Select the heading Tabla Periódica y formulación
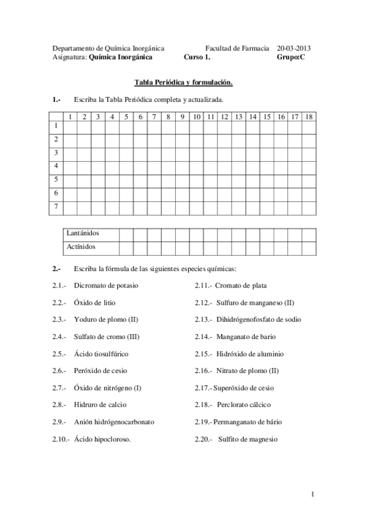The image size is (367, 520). pos(184,82)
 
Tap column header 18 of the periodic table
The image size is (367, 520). pos(309,117)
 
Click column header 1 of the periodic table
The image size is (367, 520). pos(70,117)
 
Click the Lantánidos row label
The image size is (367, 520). pos(83,233)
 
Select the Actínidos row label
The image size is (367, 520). pos(81,247)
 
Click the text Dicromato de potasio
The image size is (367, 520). pos(106,285)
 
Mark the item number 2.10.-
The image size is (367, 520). pos(61,439)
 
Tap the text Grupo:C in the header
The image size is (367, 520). pos(290,56)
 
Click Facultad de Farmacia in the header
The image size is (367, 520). pos(237,47)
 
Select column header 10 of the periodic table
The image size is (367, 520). pos(197,117)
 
